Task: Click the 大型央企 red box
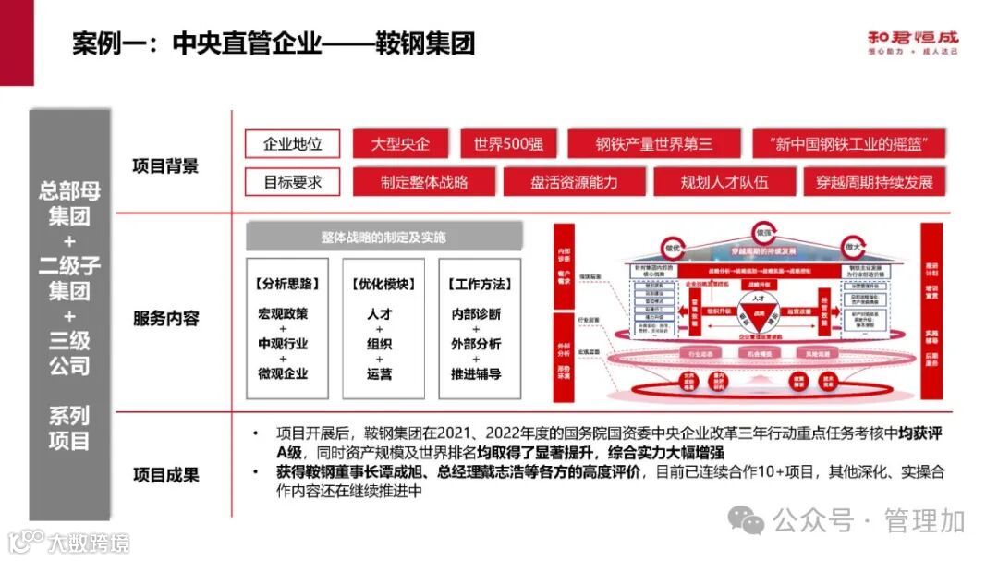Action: pos(399,144)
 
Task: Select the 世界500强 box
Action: pos(508,144)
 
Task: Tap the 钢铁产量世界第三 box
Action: pos(653,144)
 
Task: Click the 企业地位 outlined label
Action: pos(293,144)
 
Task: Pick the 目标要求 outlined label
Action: pos(293,182)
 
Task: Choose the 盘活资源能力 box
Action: pos(574,182)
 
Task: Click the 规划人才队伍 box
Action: pos(724,182)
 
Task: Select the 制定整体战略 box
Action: pos(424,182)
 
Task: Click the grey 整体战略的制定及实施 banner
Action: pos(383,238)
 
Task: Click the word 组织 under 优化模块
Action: pos(379,344)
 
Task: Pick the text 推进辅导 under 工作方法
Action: pos(476,373)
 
